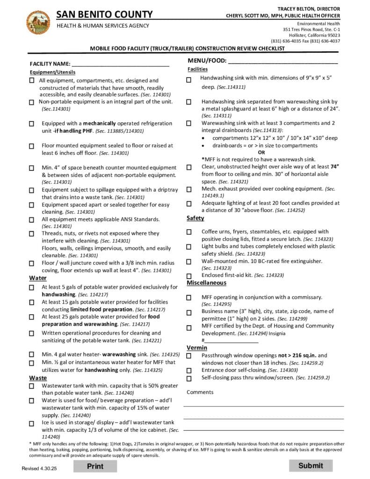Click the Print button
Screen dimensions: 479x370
point(95,466)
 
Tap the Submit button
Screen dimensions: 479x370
point(311,465)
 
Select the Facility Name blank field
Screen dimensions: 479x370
point(120,64)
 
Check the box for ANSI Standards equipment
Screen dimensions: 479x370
point(31,219)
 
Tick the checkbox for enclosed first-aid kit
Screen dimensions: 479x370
point(189,276)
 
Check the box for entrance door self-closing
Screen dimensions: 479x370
point(189,370)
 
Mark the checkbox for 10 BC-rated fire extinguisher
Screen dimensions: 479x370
point(189,261)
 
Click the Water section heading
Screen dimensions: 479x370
point(38,278)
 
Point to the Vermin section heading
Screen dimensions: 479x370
point(197,348)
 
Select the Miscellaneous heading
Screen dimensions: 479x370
point(206,283)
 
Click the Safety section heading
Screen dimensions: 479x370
point(195,218)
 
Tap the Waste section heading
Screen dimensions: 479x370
point(38,377)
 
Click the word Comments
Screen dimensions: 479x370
point(200,392)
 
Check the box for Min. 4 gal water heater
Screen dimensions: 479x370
point(31,355)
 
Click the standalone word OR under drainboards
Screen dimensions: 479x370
point(261,152)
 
